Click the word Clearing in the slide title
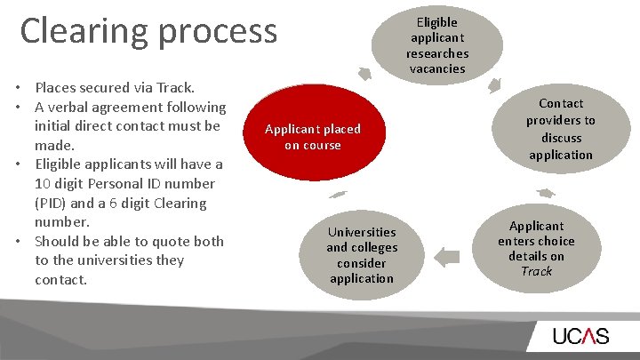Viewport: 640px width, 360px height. [x=84, y=30]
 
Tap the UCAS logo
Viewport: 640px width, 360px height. [x=580, y=336]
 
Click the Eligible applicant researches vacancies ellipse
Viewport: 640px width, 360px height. [x=437, y=44]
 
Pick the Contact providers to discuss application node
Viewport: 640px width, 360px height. [x=560, y=129]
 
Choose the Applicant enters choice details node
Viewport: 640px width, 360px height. [x=536, y=249]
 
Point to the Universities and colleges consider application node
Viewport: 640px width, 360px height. [x=362, y=255]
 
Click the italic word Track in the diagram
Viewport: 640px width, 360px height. [x=536, y=272]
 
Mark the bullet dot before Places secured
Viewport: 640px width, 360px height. [x=19, y=87]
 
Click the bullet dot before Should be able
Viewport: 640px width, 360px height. [x=19, y=242]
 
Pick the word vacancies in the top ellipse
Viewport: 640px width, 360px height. [x=437, y=68]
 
